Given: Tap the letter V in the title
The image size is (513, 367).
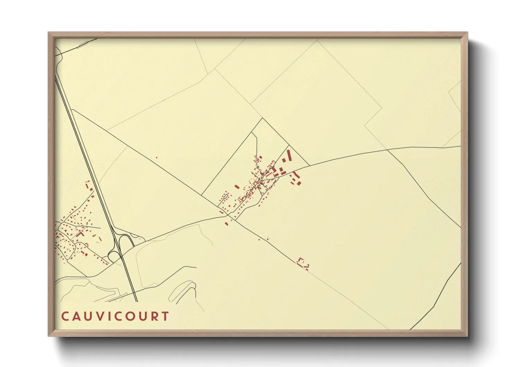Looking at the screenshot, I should tap(101, 316).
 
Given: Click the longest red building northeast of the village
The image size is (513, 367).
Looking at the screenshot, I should tap(289, 155).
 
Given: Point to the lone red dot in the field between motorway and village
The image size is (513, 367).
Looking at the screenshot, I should tap(157, 158).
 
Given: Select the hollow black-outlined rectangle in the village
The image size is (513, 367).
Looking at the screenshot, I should tap(225, 197).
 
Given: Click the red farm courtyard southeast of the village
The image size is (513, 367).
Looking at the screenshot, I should tap(303, 263).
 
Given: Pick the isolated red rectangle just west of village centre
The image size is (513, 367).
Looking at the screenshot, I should tap(237, 187).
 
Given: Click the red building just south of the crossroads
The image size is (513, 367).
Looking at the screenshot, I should tap(226, 223).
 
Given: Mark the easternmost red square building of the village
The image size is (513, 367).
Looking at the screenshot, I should tap(299, 183).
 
